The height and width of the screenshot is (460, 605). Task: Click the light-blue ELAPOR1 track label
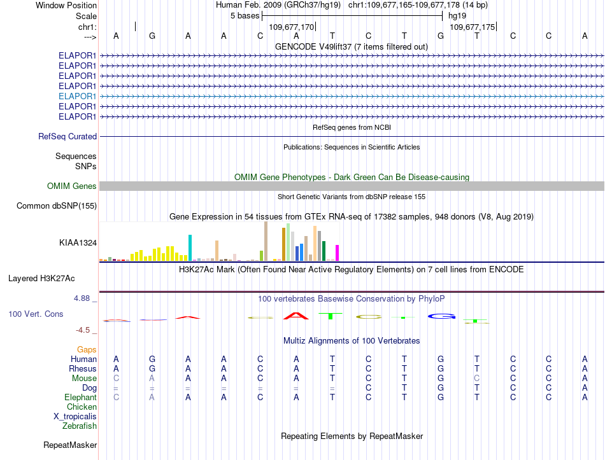pyautogui.click(x=77, y=96)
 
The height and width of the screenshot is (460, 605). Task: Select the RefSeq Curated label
pyautogui.click(x=68, y=137)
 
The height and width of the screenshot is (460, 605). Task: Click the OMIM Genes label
pyautogui.click(x=72, y=186)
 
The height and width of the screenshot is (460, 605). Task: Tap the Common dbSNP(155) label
pyautogui.click(x=57, y=206)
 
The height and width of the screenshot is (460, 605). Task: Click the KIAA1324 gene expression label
pyautogui.click(x=78, y=242)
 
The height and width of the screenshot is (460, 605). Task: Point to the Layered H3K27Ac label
pyautogui.click(x=41, y=279)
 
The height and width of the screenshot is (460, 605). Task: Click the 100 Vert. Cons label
pyautogui.click(x=36, y=314)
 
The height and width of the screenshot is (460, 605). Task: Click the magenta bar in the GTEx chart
pyautogui.click(x=338, y=253)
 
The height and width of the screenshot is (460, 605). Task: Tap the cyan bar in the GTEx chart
pyautogui.click(x=190, y=247)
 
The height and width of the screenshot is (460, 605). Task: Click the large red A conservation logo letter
pyautogui.click(x=296, y=316)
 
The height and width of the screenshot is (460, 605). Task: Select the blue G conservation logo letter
pyautogui.click(x=441, y=316)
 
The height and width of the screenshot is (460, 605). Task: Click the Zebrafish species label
pyautogui.click(x=80, y=426)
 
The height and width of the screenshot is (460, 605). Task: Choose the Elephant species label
pyautogui.click(x=81, y=397)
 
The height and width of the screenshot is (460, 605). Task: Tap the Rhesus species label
pyautogui.click(x=83, y=368)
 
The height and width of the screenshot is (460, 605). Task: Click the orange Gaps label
pyautogui.click(x=87, y=349)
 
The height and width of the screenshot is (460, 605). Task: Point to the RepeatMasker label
pyautogui.click(x=70, y=445)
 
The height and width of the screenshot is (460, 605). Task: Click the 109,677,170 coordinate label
pyautogui.click(x=291, y=27)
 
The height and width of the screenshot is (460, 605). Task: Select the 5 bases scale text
pyautogui.click(x=245, y=16)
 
